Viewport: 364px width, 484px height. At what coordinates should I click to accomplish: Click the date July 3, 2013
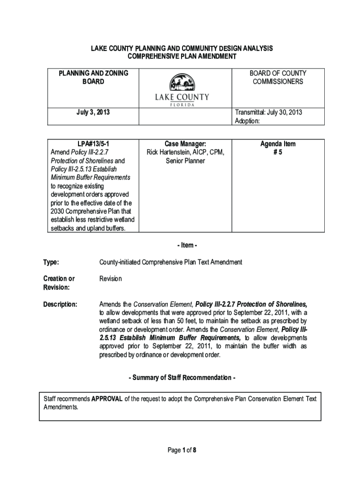point(93,112)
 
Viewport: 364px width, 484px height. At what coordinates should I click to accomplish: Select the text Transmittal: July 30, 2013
point(269,112)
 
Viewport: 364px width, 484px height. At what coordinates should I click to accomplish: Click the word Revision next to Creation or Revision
point(110,279)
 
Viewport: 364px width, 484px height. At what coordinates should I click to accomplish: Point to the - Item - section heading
point(182,245)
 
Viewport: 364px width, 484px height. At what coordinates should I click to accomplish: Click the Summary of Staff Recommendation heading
point(182,378)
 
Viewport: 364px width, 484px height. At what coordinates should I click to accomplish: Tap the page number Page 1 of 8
point(182,450)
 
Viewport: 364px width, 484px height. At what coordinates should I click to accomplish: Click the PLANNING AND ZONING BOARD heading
point(93,78)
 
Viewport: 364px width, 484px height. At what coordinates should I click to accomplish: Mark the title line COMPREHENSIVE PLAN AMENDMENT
point(182,57)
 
